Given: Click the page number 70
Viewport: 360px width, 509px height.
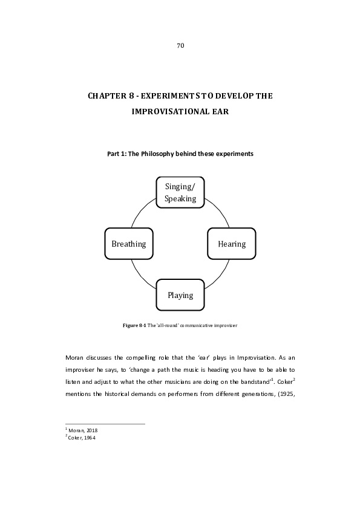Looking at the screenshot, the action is click(x=180, y=45).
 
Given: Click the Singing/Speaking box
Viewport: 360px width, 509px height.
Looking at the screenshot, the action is click(x=180, y=192).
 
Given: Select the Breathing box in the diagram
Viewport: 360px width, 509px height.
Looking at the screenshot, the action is click(x=129, y=244).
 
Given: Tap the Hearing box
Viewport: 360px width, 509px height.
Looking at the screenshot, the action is click(x=232, y=244).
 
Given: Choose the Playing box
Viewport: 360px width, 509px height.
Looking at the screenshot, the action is click(x=180, y=295).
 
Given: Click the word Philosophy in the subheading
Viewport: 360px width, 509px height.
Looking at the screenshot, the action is click(x=157, y=154).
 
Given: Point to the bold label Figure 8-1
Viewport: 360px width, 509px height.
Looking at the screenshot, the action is click(x=134, y=325).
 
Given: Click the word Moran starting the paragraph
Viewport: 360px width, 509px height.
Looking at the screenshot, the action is click(x=74, y=358).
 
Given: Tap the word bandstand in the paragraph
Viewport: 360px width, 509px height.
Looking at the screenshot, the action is click(x=255, y=382).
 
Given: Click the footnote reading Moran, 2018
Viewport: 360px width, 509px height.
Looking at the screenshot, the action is click(x=82, y=430).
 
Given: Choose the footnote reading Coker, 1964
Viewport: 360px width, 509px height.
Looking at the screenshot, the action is click(x=80, y=438).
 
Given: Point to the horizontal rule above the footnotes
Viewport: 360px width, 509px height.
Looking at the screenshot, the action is click(x=105, y=424).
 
